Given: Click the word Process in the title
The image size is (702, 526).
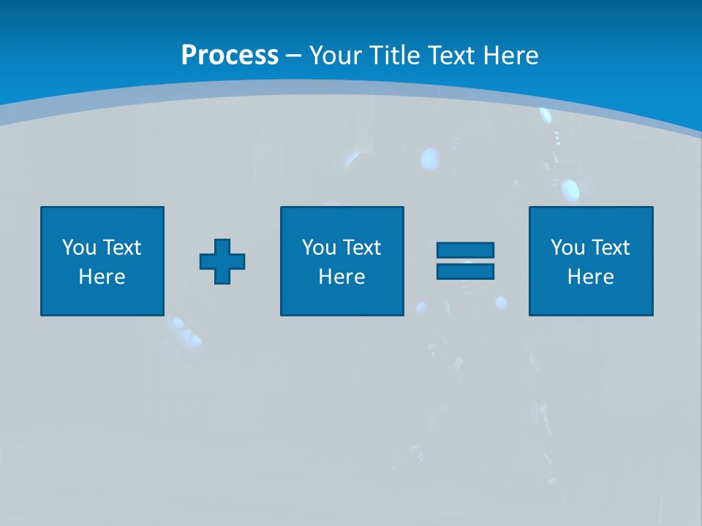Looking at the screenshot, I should tap(230, 56).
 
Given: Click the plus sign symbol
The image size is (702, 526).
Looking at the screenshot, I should tap(222, 262).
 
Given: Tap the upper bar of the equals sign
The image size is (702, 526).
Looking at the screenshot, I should tap(465, 250).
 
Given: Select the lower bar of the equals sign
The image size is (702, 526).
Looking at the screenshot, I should tap(465, 271).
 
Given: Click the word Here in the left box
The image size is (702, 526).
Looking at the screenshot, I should tap(102, 277).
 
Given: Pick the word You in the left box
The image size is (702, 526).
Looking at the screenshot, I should tap(79, 248).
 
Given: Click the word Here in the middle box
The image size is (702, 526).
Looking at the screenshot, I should tap(342, 277).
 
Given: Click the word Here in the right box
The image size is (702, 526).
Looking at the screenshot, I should tap(591, 277).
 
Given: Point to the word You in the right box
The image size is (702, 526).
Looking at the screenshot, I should tap(567, 248).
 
